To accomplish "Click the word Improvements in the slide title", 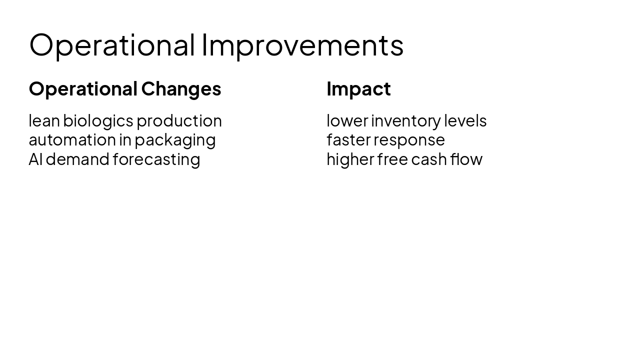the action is click(303, 45).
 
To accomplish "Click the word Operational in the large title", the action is click(112, 45).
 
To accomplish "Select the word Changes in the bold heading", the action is click(181, 89).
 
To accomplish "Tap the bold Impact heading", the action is click(358, 89).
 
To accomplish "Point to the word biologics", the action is click(98, 121).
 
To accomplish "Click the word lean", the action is click(44, 121).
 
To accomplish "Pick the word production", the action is click(179, 121).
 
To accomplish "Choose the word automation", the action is click(72, 140).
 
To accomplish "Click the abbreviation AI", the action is click(35, 159).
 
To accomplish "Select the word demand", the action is click(77, 159).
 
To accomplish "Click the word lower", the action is click(347, 121).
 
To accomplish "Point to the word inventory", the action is click(405, 121).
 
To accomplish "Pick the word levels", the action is click(465, 121).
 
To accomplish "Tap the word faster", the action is click(348, 140).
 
